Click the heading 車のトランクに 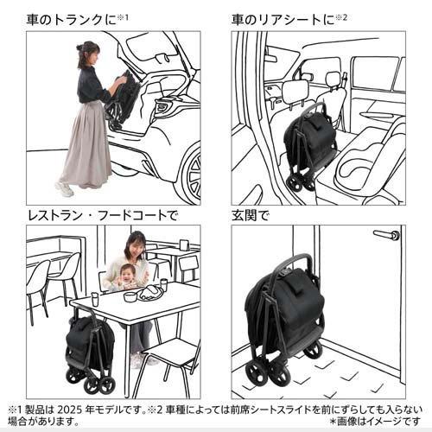(73, 20)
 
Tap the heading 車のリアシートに (283, 20)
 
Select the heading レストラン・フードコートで (102, 216)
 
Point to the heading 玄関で (251, 216)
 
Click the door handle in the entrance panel (387, 235)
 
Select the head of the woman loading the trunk (88, 54)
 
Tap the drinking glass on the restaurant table (95, 299)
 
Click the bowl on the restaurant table (130, 296)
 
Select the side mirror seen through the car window (307, 77)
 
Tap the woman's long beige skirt (86, 144)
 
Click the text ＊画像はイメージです (375, 422)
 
